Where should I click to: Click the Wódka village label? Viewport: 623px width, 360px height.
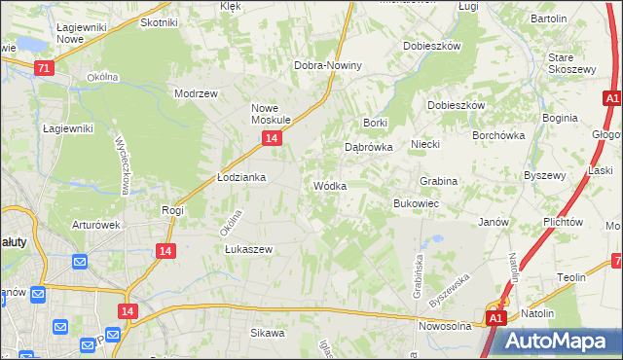(x=329, y=186)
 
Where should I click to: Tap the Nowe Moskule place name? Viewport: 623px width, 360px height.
(x=272, y=114)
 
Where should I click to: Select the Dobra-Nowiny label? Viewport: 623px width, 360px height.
(x=328, y=65)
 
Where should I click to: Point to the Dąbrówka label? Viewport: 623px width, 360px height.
(x=369, y=147)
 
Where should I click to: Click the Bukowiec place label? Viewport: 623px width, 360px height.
(x=416, y=203)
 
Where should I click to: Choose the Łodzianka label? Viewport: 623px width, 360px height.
(x=239, y=178)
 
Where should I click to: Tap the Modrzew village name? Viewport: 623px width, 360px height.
(x=193, y=94)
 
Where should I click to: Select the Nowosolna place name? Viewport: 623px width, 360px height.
(x=445, y=326)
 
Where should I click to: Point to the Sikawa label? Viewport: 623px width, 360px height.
(x=267, y=333)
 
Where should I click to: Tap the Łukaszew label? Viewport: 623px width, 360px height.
(x=248, y=249)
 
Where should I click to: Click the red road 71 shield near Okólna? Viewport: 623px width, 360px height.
(x=43, y=68)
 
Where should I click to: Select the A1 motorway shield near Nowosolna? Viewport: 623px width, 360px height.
(x=495, y=318)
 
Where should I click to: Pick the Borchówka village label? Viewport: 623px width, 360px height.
(x=498, y=136)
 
